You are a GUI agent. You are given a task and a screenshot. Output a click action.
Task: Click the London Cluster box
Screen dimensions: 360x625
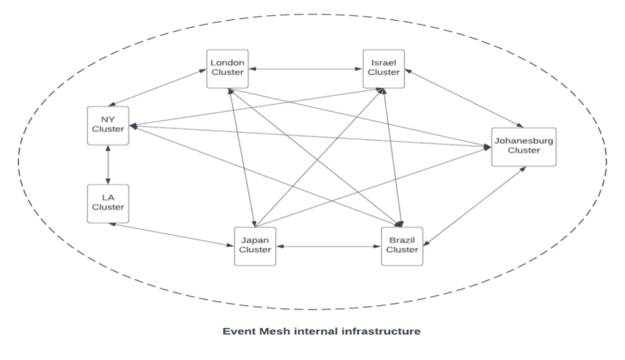227,67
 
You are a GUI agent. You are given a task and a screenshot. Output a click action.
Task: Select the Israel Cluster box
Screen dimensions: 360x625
384,67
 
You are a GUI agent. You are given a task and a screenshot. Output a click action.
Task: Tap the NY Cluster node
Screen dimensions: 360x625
108,124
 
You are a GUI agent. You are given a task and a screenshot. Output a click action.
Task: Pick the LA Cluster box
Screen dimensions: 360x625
108,202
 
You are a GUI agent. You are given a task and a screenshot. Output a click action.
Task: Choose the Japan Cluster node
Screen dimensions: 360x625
255,245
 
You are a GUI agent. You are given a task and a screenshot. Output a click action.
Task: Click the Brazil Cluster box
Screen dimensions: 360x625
401,245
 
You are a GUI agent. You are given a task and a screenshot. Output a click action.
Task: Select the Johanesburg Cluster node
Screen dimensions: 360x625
524,146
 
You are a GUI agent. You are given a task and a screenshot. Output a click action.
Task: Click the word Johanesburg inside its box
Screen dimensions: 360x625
524,141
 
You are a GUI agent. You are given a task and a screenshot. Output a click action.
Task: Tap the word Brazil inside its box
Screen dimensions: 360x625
401,240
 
